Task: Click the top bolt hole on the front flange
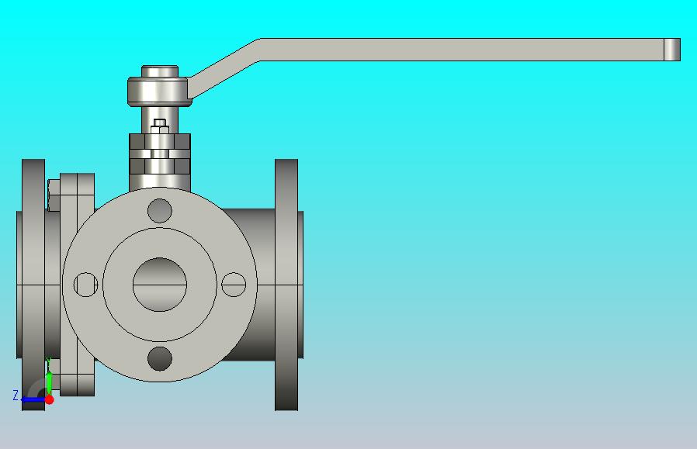pyautogui.click(x=160, y=210)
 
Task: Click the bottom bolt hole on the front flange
pyautogui.click(x=160, y=358)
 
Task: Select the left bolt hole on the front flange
pyautogui.click(x=85, y=285)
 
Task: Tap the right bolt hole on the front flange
pyautogui.click(x=234, y=285)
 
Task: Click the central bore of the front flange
pyautogui.click(x=160, y=285)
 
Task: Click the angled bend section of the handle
pyautogui.click(x=224, y=68)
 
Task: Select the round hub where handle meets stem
pyautogui.click(x=160, y=92)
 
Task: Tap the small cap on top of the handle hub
pyautogui.click(x=160, y=71)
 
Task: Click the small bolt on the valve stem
pyautogui.click(x=160, y=126)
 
